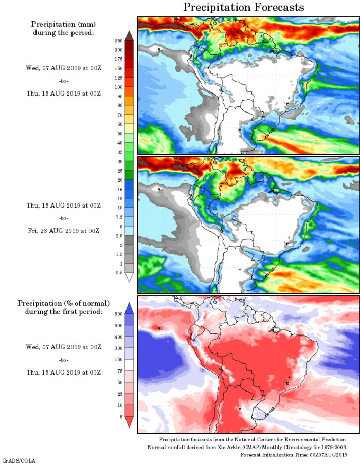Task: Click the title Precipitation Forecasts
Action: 244,7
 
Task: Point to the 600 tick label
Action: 118,325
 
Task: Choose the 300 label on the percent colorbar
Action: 118,348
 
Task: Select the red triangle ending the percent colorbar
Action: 129,422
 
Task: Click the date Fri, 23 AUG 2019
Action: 63,231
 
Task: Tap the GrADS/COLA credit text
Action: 19,461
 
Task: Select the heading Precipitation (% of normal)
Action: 63,303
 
